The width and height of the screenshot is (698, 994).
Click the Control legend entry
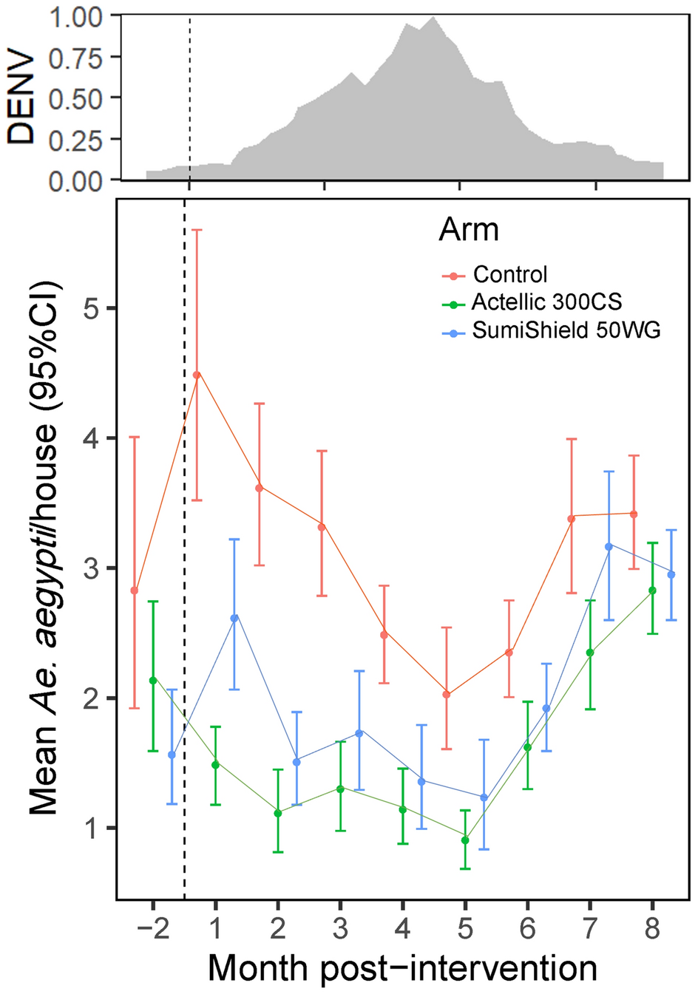click(509, 274)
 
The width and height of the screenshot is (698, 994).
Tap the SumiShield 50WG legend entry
click(566, 330)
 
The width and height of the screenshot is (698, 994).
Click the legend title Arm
click(468, 230)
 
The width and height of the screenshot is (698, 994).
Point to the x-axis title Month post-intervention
click(402, 967)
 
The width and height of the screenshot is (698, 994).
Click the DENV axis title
click(21, 98)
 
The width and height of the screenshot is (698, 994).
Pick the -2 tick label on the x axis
click(152, 928)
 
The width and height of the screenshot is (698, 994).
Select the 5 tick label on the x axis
click(465, 928)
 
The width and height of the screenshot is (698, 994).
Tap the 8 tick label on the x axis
click(652, 928)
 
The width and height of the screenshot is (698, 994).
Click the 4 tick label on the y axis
click(90, 438)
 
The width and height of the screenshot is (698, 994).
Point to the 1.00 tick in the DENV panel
click(75, 16)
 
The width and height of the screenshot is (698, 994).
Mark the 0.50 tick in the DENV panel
click(75, 98)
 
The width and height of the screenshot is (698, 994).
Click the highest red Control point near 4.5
click(197, 375)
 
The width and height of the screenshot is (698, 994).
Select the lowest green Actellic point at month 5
click(465, 840)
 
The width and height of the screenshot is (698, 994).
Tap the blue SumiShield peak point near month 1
click(234, 618)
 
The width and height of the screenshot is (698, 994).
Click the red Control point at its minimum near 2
click(446, 694)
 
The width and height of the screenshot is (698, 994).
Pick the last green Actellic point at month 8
click(652, 590)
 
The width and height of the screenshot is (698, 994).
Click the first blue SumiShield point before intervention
click(172, 755)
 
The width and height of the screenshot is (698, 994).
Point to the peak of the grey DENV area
click(432, 18)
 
